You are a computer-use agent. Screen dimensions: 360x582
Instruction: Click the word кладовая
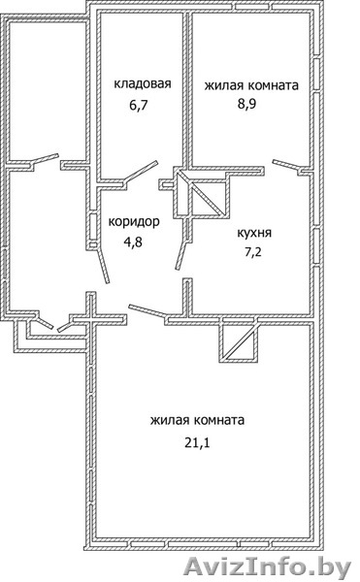coord(142,83)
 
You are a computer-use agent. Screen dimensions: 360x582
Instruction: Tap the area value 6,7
coord(139,105)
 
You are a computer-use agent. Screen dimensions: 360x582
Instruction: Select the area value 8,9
coord(247,104)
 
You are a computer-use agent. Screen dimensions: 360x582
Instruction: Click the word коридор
coord(134,222)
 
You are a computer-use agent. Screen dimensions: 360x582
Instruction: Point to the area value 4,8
coord(133,242)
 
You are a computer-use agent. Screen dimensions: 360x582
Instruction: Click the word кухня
coord(254,233)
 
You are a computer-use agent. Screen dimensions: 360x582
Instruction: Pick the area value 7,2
coord(252,252)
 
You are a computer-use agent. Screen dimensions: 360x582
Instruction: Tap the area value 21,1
coord(197,442)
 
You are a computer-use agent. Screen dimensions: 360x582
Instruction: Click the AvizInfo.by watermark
coord(267,567)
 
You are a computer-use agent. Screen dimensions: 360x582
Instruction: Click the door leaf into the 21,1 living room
coord(147,311)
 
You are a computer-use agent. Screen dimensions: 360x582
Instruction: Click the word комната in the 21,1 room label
coord(219,421)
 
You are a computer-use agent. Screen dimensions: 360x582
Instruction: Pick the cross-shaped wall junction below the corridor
coord(91,318)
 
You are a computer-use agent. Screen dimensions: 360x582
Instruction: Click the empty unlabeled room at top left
coord(48,91)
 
